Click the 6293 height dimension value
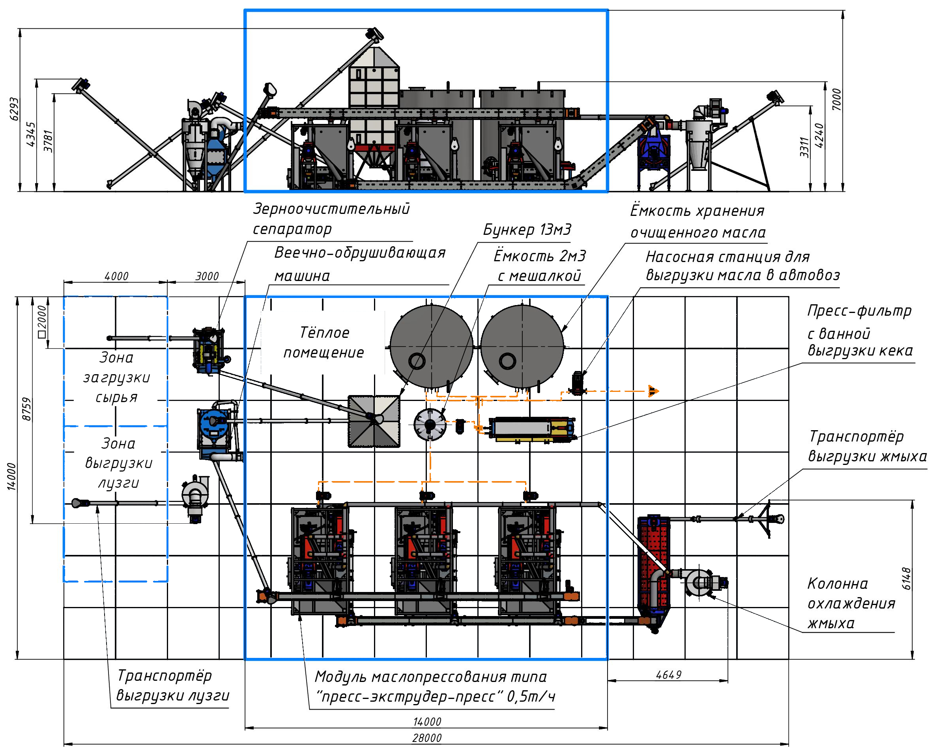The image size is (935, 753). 14,109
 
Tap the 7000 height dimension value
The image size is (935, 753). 836,99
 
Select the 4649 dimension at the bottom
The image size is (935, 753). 668,674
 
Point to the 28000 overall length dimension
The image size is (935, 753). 427,737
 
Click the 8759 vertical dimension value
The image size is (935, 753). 26,408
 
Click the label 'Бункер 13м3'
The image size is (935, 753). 527,229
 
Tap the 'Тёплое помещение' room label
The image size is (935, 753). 324,343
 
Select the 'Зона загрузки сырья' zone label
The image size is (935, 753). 116,377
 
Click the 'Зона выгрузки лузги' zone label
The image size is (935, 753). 118,463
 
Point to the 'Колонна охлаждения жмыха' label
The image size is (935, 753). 851,603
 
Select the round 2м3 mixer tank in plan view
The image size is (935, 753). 430,424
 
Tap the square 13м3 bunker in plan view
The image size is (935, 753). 374,421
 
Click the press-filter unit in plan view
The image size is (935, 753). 532,429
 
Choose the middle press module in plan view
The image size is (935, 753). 424,560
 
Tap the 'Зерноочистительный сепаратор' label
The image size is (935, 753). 331,219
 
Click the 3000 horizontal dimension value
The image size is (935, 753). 207,276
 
